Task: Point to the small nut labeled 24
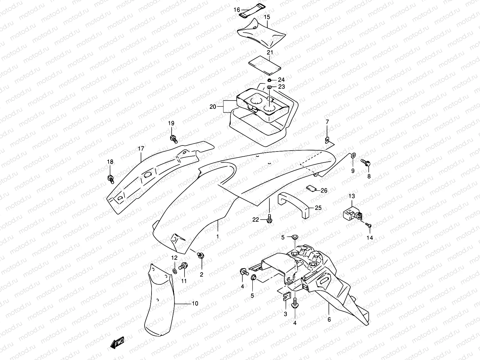[270, 80]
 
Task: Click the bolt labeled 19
[173, 139]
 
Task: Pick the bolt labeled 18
[110, 178]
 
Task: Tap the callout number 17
[141, 148]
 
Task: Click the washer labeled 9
[353, 155]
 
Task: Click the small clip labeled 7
[328, 139]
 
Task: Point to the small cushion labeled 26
[311, 188]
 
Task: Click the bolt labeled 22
[270, 218]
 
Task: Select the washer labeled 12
[175, 271]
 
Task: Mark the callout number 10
[195, 304]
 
